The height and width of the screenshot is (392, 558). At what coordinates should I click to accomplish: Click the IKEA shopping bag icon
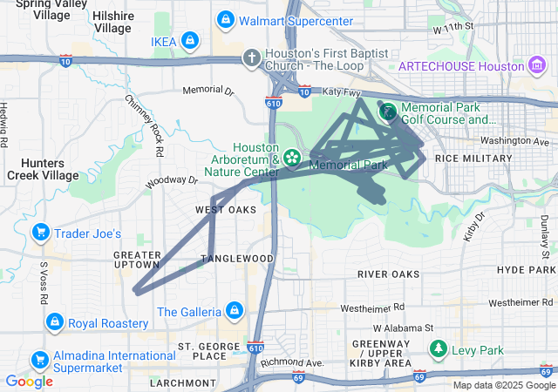190,40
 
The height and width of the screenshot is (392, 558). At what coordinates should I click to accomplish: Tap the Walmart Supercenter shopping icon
226,19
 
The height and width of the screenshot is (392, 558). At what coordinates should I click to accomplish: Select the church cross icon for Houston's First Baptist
251,58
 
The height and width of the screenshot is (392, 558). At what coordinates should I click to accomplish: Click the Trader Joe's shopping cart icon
40,233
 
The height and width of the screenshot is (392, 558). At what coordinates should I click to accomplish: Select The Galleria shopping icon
234,311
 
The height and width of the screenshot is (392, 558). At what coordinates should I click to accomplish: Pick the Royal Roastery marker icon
54,323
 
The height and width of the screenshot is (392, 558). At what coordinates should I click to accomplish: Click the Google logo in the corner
29,381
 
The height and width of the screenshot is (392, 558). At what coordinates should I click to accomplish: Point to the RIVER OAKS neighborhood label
388,274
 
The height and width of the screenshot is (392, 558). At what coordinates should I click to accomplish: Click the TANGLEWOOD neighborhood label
238,259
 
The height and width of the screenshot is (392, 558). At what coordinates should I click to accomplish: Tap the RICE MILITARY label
473,158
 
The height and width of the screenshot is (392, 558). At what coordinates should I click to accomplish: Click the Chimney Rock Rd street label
145,125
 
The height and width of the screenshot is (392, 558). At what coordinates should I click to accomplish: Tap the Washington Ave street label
515,140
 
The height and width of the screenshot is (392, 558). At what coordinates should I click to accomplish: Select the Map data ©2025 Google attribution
503,385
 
